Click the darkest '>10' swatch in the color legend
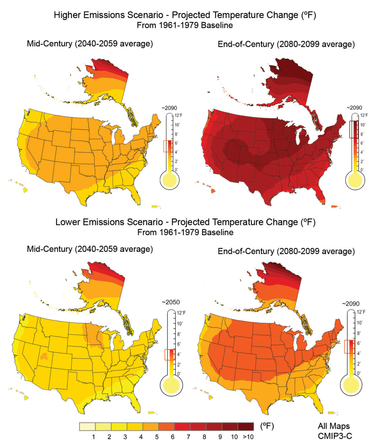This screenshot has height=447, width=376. (246, 426)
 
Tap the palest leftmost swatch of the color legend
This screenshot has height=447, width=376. (87, 426)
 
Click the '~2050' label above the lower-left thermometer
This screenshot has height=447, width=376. (171, 302)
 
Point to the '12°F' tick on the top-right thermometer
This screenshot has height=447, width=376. (363, 115)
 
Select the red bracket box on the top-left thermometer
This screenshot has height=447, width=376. (168, 146)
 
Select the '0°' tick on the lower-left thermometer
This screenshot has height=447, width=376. (179, 373)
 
